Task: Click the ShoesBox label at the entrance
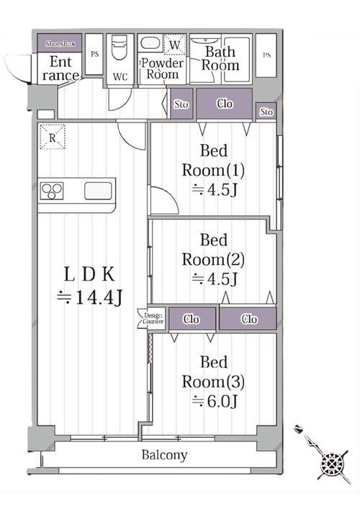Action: (x=60, y=43)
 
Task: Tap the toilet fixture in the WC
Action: (x=120, y=47)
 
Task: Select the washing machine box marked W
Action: (x=174, y=45)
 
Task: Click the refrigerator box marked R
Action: (x=53, y=138)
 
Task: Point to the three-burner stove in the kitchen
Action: (x=52, y=192)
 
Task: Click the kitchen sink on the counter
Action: (x=98, y=191)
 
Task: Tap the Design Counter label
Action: (x=153, y=318)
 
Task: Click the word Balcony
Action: (x=164, y=455)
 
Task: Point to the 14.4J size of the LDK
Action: (x=89, y=297)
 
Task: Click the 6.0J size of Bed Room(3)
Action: (x=215, y=401)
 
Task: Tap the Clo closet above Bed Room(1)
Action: (x=225, y=104)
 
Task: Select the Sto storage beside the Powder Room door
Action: (x=181, y=104)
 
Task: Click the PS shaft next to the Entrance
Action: (x=94, y=55)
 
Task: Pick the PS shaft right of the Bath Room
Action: (x=266, y=55)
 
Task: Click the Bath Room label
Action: (x=220, y=58)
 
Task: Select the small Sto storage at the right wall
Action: (x=266, y=112)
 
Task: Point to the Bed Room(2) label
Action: (x=213, y=250)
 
